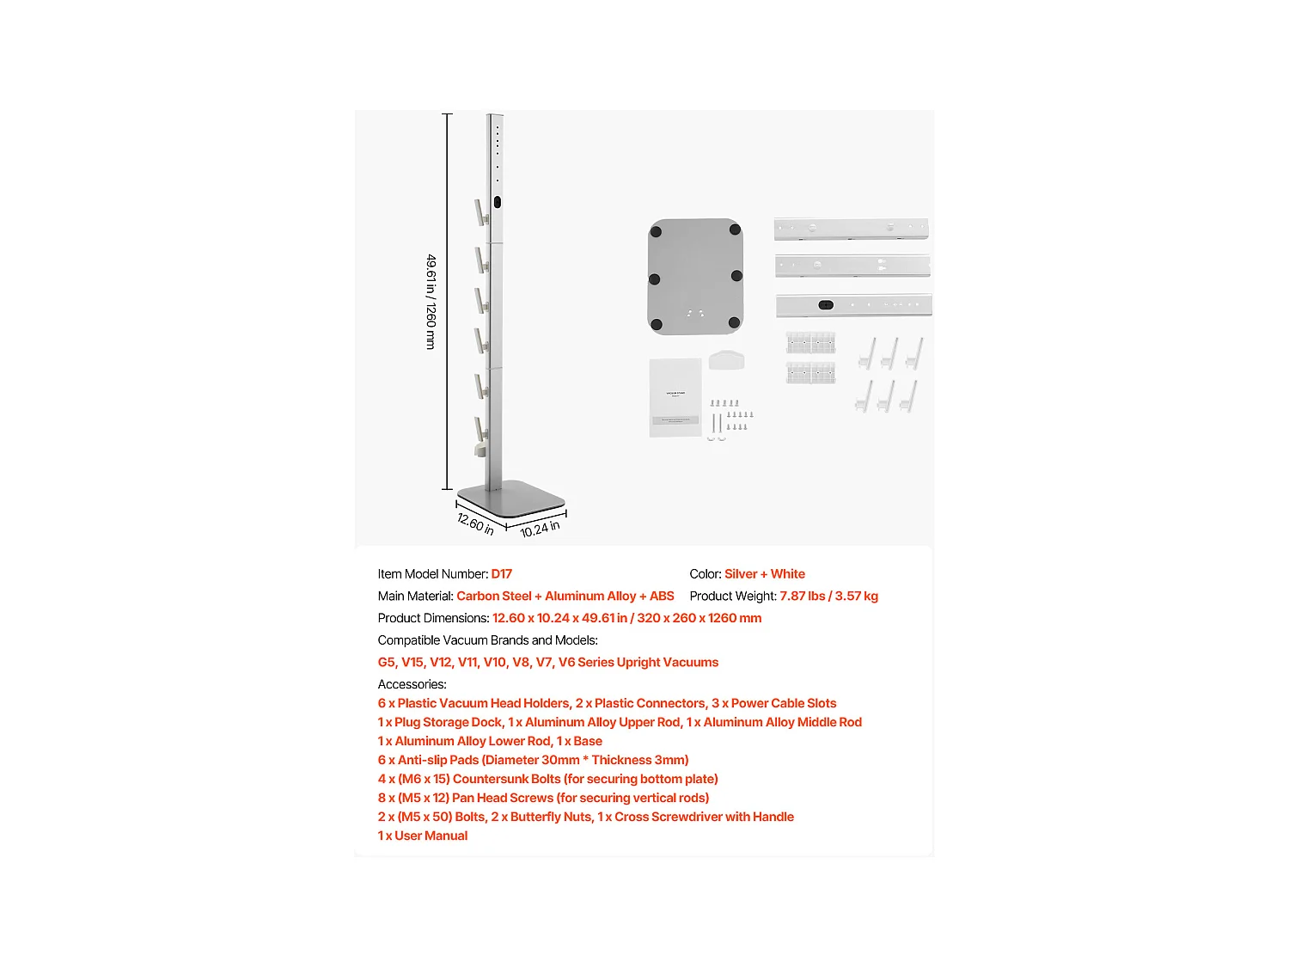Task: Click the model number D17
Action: coord(501,574)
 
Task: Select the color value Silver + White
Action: coord(764,574)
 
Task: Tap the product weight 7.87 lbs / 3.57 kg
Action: coord(828,597)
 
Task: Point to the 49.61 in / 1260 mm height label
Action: coord(431,302)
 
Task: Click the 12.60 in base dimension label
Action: coord(475,523)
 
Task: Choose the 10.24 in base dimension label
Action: coord(540,529)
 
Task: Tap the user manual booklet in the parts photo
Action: coord(675,397)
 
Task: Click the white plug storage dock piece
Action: coord(726,359)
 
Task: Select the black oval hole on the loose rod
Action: coord(826,305)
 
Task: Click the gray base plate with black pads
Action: coord(695,275)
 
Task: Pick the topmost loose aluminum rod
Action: coord(851,230)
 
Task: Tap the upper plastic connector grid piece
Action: coord(810,343)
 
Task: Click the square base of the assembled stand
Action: coord(511,498)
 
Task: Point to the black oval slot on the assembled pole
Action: coord(498,204)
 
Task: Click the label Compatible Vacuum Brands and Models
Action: coord(487,640)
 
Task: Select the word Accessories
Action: coord(412,685)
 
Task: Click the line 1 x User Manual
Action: coord(423,836)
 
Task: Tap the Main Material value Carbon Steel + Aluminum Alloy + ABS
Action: coord(565,597)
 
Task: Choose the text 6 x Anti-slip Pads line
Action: coord(533,761)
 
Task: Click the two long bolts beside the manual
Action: coord(716,425)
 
